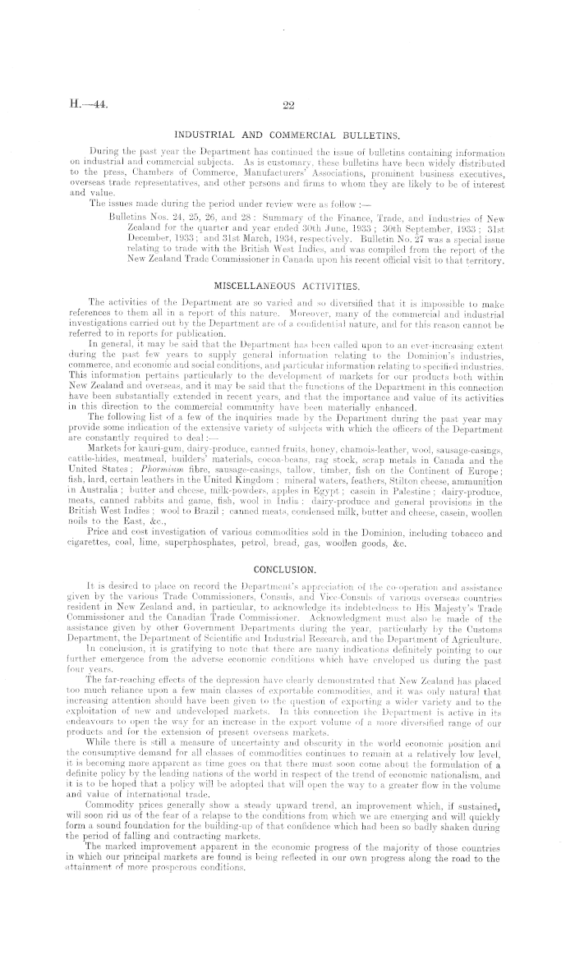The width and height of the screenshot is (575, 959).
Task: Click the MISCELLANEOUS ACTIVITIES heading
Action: point(287,263)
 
